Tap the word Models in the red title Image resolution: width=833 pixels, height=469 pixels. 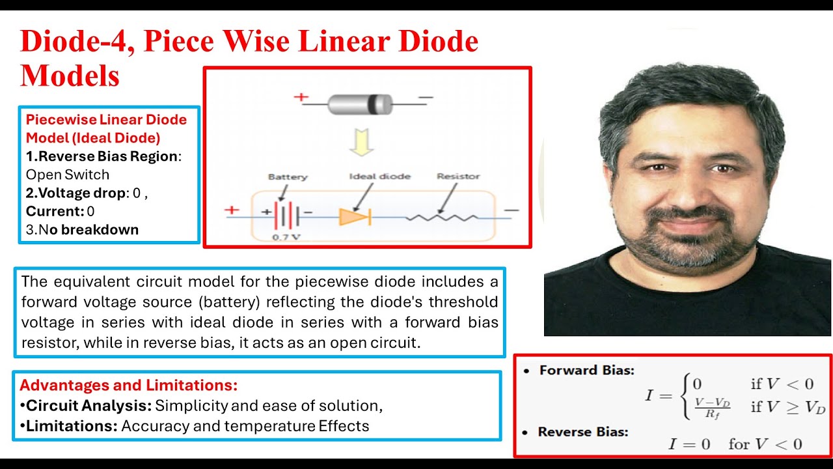[x=70, y=76]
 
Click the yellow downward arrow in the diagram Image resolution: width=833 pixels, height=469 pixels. [x=359, y=142]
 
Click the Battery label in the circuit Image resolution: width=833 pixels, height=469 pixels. [x=287, y=177]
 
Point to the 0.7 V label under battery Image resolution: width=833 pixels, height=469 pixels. [x=286, y=237]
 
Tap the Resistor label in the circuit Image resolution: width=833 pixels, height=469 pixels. [x=458, y=177]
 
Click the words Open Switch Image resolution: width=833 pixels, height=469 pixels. [x=68, y=175]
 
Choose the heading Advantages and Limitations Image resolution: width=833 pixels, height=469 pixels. [x=129, y=384]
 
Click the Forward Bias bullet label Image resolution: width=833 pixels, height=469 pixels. [x=586, y=370]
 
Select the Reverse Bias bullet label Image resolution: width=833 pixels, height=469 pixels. [x=582, y=432]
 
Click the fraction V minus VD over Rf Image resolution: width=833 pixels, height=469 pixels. [x=712, y=407]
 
